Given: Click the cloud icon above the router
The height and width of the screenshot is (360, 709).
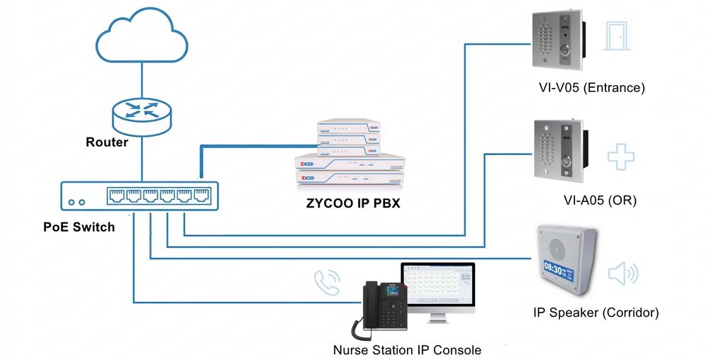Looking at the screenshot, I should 141,38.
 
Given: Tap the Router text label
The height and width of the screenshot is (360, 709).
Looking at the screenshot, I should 107,142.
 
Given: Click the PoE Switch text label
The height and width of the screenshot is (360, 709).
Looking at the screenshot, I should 79,227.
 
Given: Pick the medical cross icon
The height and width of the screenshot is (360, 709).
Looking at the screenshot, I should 620,156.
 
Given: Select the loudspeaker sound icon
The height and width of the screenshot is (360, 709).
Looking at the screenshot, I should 623,274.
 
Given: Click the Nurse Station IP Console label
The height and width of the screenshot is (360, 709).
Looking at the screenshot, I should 407,350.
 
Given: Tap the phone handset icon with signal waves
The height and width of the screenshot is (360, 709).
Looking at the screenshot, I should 327,281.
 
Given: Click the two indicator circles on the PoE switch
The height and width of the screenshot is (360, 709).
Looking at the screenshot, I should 76,202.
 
